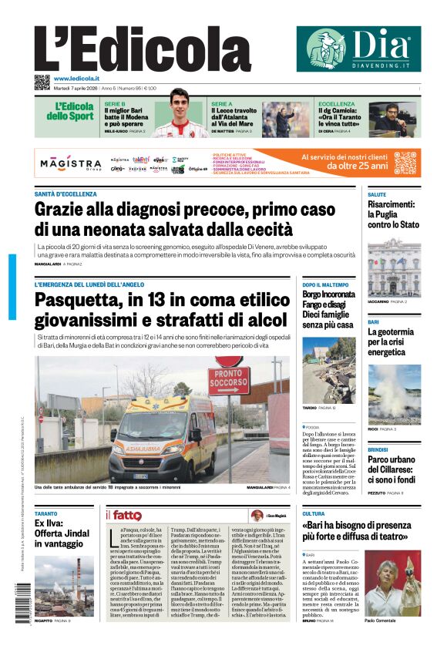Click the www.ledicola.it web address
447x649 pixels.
click(77, 79)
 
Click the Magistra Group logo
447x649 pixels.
click(71, 165)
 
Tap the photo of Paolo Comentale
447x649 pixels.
click(392, 583)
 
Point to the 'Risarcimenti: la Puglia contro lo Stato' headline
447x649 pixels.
click(393, 214)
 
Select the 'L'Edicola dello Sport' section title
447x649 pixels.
click(69, 112)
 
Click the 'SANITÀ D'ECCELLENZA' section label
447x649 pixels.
click(66, 193)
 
